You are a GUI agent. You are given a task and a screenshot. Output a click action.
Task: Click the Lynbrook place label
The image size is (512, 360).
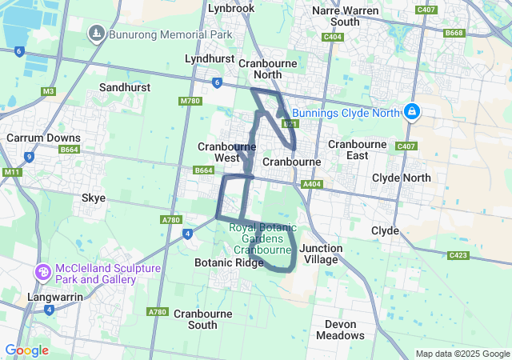[230, 8]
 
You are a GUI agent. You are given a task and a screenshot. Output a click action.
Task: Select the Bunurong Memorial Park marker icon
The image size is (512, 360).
[96, 34]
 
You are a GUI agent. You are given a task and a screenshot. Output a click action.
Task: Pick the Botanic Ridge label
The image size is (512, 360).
[229, 262]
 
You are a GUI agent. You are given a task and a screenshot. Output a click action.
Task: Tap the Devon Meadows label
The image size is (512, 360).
[346, 330]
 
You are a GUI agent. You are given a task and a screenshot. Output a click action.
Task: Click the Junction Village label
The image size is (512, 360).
[321, 254]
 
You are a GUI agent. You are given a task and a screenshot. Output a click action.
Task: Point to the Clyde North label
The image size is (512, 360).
[402, 178]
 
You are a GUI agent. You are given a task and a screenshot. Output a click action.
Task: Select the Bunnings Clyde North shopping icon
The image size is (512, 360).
[412, 112]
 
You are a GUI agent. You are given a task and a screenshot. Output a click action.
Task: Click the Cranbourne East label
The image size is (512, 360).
[358, 150]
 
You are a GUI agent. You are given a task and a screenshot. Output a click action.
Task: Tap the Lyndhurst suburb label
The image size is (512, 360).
[209, 59]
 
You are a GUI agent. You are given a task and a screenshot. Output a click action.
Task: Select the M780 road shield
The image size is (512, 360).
[190, 101]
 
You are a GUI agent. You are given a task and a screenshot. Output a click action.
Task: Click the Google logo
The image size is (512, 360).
[26, 350]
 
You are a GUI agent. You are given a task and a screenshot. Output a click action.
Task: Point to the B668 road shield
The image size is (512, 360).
[454, 33]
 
